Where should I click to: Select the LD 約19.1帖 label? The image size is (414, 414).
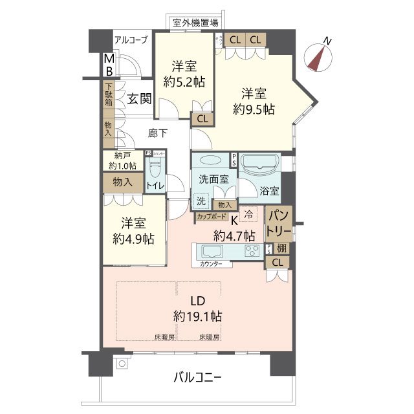click(197, 309)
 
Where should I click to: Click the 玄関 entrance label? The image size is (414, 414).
click(138, 99)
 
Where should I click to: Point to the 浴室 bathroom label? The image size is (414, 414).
click(270, 191)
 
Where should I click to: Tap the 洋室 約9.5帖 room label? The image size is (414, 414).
click(254, 101)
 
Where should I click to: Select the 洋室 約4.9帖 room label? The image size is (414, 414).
click(133, 231)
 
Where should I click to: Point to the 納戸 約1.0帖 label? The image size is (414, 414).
click(123, 160)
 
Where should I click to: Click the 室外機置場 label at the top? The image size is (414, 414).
click(195, 23)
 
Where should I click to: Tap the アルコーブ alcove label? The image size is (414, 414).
click(131, 40)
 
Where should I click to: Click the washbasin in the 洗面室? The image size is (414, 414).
click(211, 161)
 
